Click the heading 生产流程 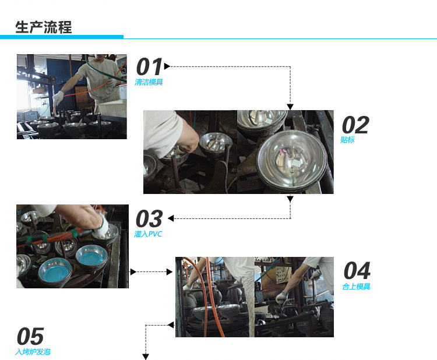(x=44, y=27)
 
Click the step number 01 (x=149, y=67)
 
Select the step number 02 (x=355, y=125)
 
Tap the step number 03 (x=149, y=219)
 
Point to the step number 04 (x=357, y=270)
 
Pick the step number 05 (x=30, y=336)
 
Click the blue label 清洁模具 (x=149, y=82)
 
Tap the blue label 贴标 (x=347, y=140)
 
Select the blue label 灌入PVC (x=148, y=234)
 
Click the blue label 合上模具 (x=356, y=287)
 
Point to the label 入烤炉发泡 (x=33, y=352)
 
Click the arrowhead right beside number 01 (x=167, y=66)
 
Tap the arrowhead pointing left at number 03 (x=171, y=218)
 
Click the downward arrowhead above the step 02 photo (x=290, y=107)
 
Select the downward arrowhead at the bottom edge (x=146, y=357)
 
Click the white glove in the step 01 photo (x=58, y=97)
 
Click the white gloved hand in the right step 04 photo (x=281, y=298)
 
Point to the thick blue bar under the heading (x=62, y=37)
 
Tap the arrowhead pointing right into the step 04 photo (x=170, y=271)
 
